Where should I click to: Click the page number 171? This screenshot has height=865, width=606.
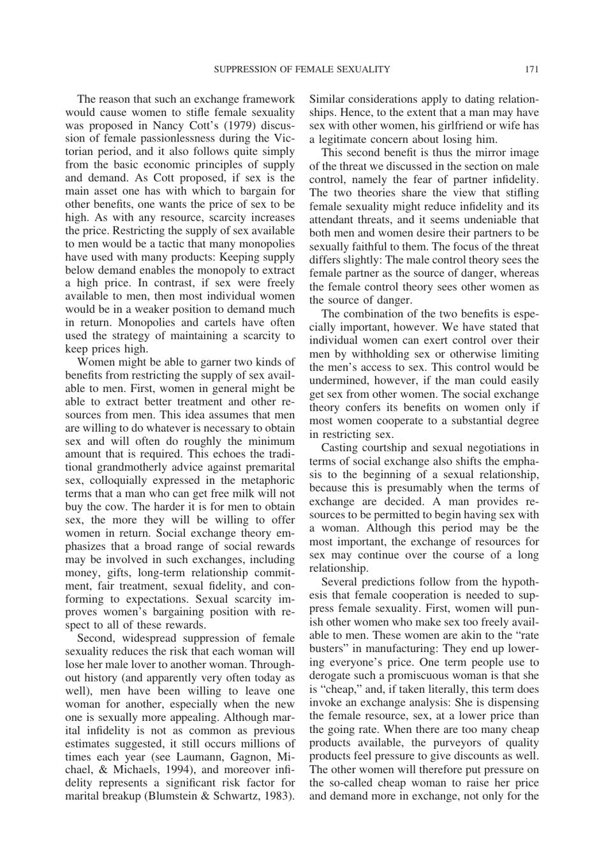[x=532, y=69]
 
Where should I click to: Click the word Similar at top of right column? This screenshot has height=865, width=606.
[x=328, y=99]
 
